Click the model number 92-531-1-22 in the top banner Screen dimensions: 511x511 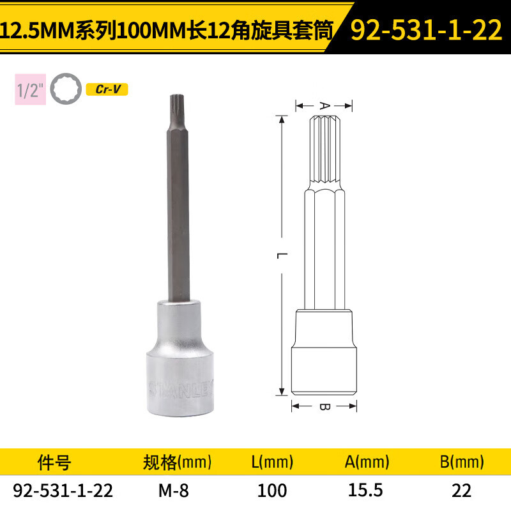(426, 29)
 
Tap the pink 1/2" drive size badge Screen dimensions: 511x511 (30, 89)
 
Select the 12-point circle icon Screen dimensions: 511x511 (66, 89)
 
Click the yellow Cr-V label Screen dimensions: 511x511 (107, 89)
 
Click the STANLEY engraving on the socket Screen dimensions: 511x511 (181, 388)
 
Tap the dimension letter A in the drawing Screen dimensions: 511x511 (324, 105)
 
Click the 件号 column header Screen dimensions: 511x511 (54, 462)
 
